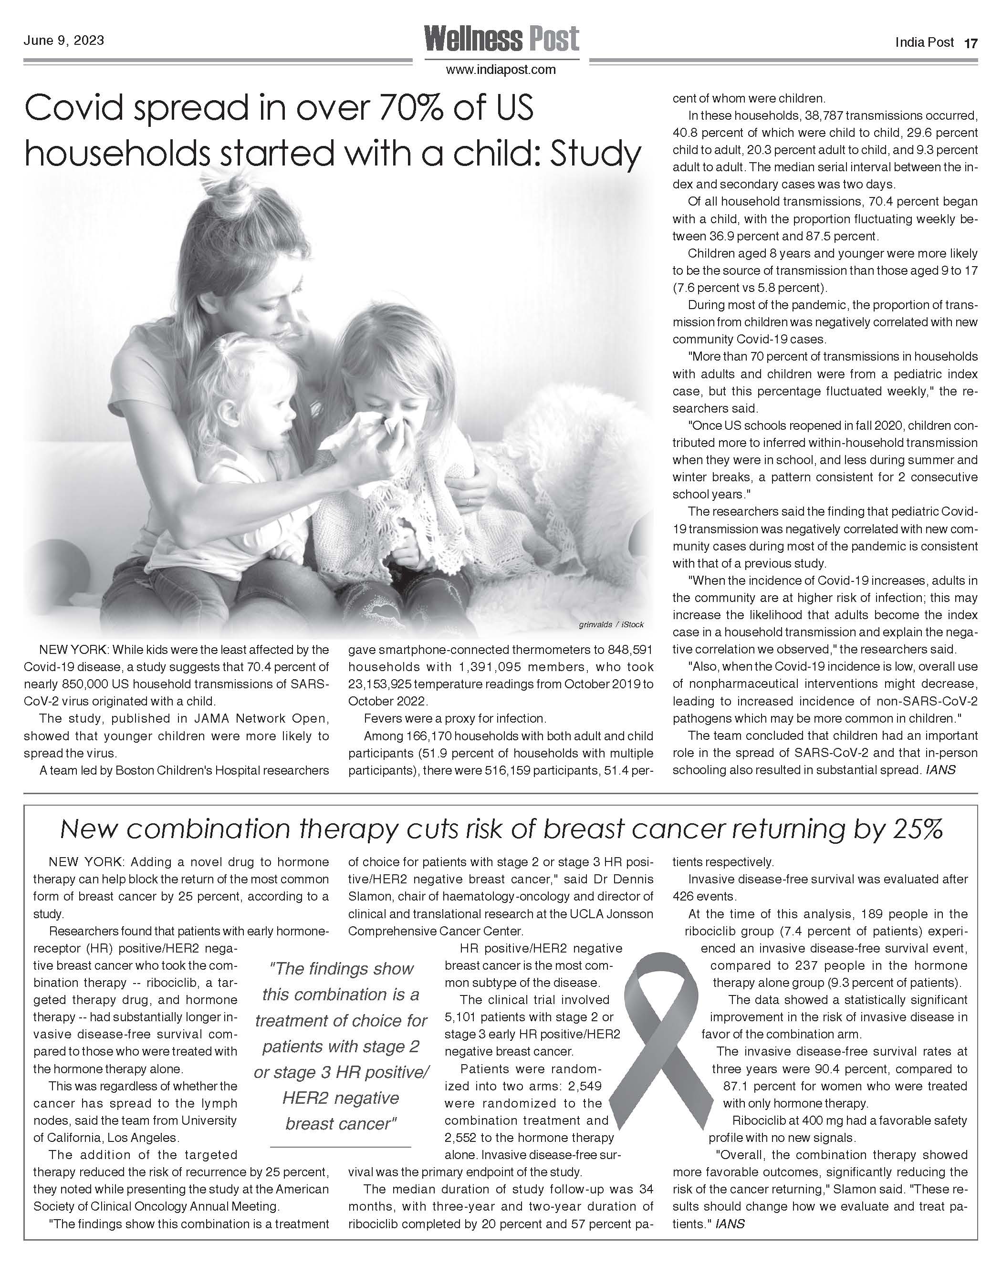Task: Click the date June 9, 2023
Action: (x=64, y=41)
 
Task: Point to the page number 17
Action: (x=971, y=43)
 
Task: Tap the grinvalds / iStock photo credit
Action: (x=611, y=625)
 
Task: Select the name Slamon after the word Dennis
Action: (x=367, y=896)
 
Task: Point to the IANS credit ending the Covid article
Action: (x=940, y=770)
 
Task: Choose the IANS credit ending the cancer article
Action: (x=730, y=1224)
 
